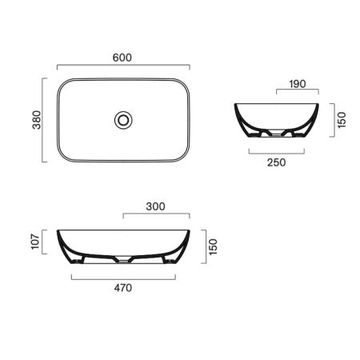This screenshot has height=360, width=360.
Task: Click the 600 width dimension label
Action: pos(122,58)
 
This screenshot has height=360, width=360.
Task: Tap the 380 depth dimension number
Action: pos(37,120)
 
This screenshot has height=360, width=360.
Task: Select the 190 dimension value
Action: pos(298,84)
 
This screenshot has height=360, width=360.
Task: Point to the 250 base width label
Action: pos(277,162)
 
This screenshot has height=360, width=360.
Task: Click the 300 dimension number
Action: pos(155,206)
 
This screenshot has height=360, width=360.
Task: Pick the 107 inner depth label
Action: pos(35,242)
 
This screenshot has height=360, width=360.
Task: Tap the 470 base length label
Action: pos(123,288)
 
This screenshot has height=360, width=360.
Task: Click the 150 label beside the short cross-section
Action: pos(342,120)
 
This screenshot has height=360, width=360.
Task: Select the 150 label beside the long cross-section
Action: pos(213,246)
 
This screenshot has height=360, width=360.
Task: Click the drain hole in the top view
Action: pos(123,120)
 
